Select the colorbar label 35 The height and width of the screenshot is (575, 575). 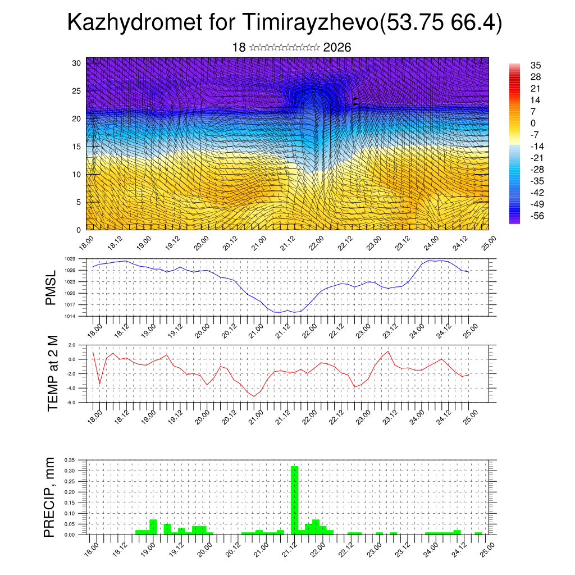point(536,65)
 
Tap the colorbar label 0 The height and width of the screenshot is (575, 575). point(533,123)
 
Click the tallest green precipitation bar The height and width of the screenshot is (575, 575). point(294,500)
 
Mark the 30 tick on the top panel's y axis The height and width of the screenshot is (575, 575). point(76,63)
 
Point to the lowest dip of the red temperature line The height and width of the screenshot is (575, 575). point(254,396)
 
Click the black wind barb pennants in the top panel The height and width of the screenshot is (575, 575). point(355,101)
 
